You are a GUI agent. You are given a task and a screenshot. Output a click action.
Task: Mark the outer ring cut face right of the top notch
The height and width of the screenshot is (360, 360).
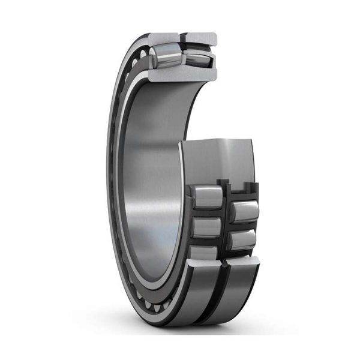click(x=201, y=38)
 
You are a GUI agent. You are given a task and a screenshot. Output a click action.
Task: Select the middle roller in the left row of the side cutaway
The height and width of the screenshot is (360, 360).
click(x=207, y=227)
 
